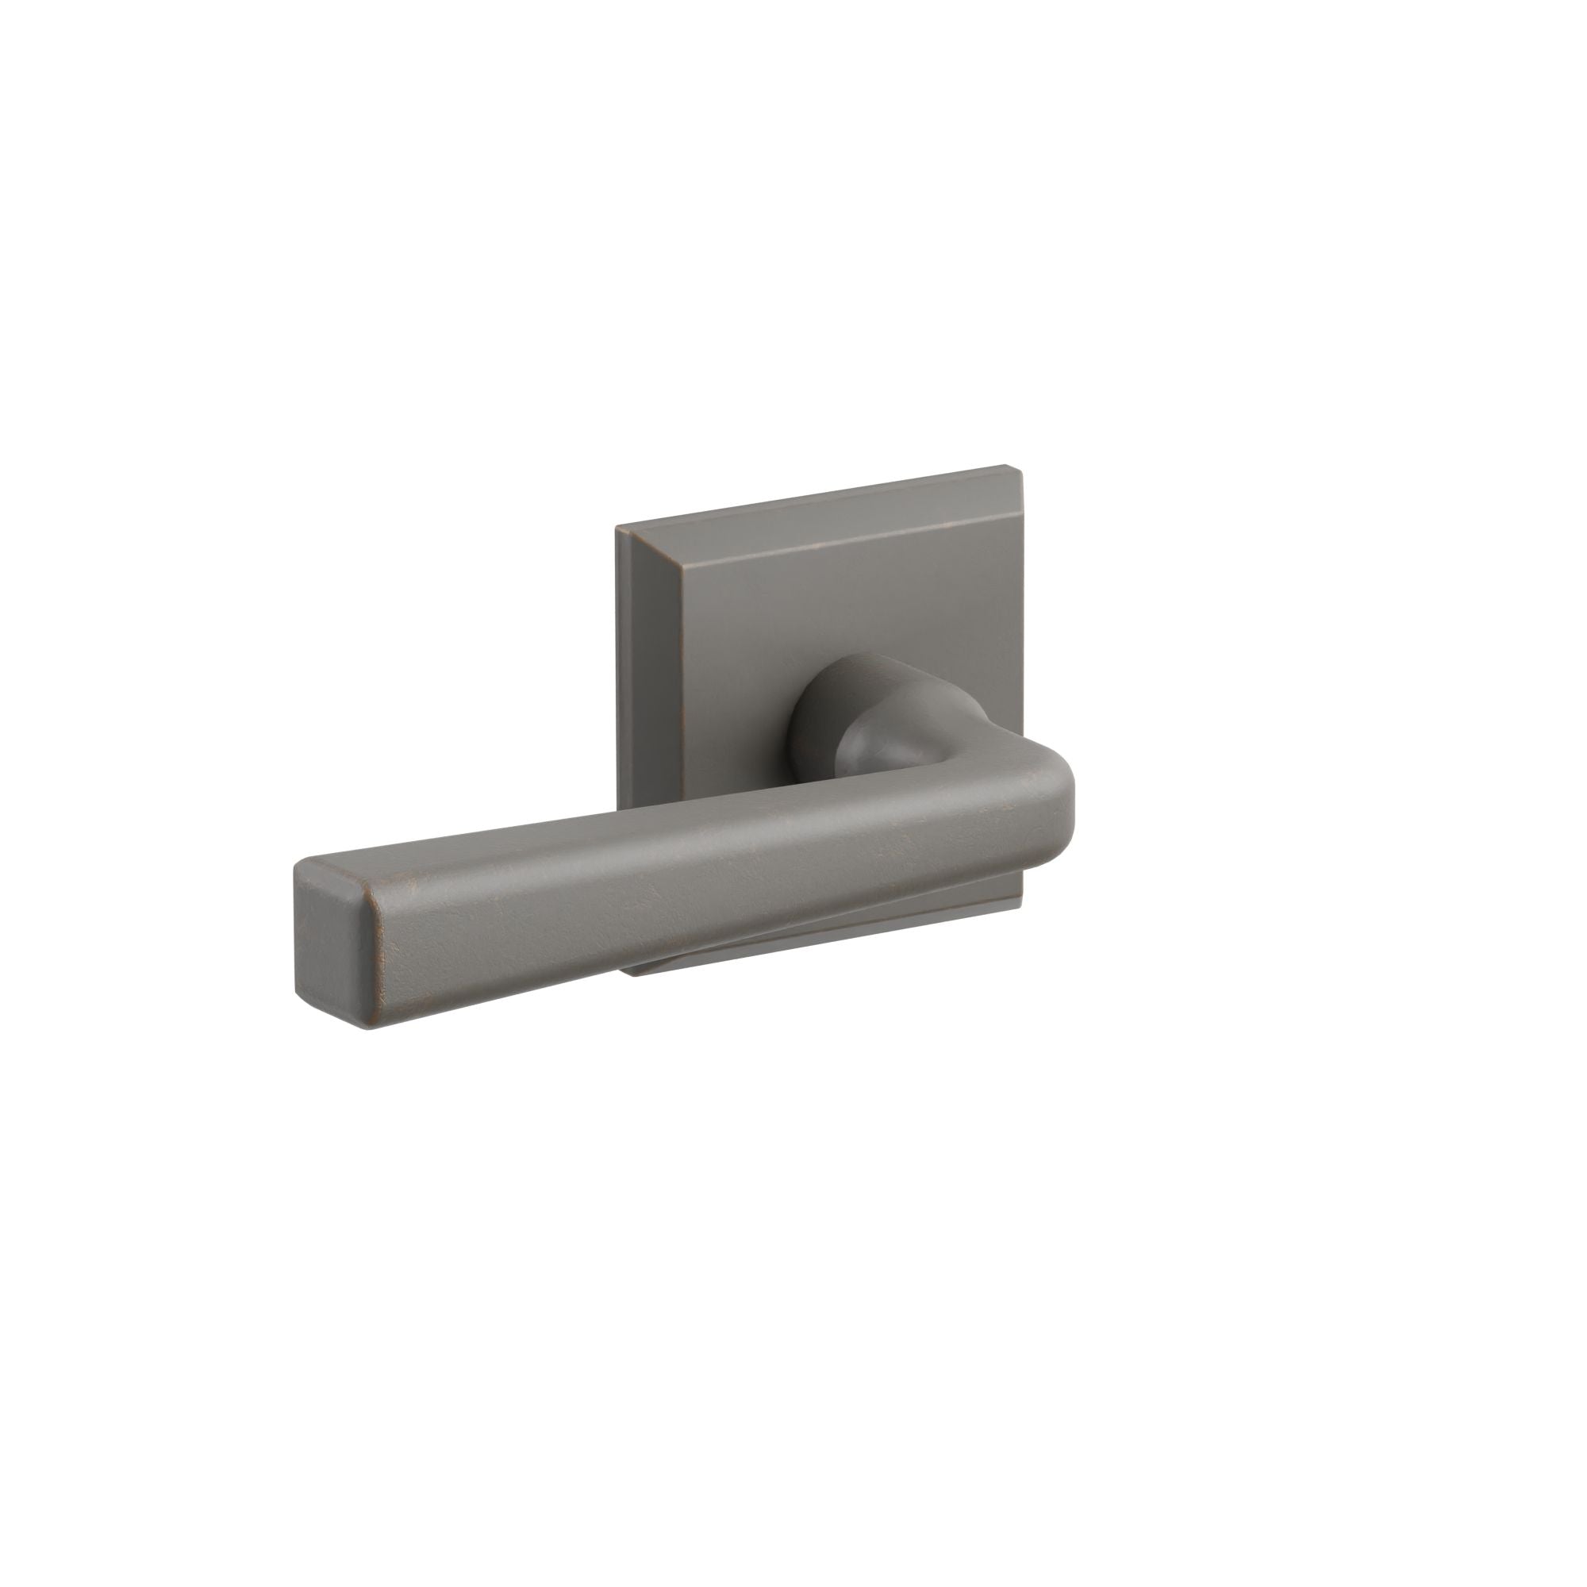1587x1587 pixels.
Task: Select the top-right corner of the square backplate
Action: (1009, 468)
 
